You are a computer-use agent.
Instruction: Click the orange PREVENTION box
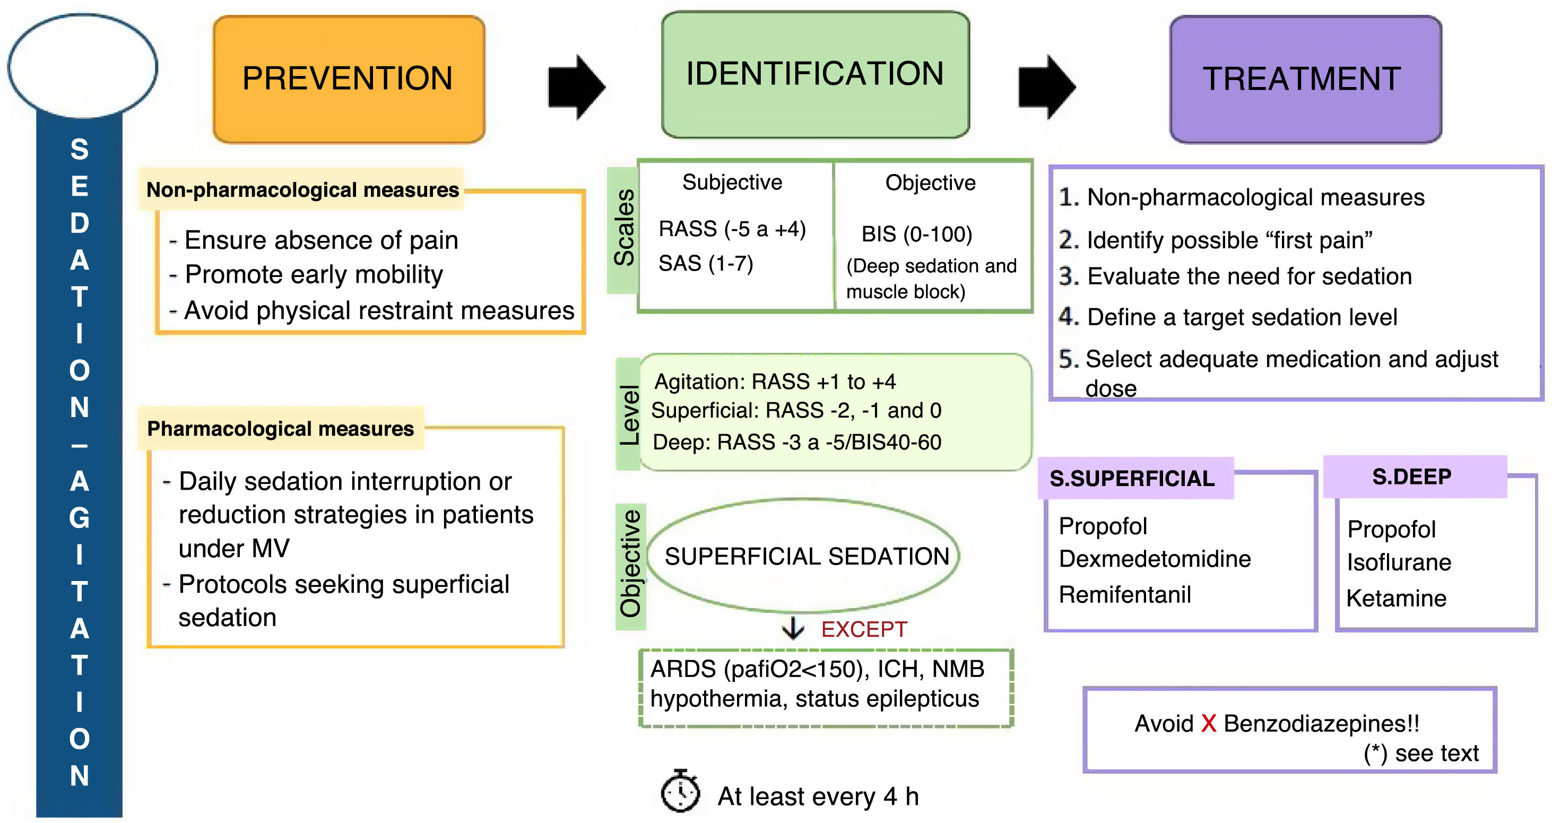pos(348,79)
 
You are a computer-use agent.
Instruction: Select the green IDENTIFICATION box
pos(814,75)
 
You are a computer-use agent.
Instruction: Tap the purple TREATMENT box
pos(1304,79)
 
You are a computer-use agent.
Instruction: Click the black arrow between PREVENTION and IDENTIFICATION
pos(575,87)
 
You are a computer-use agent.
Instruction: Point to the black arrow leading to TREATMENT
pos(1046,87)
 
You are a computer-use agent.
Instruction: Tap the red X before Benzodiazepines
pos(1208,723)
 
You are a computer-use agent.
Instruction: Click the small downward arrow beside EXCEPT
pos(793,628)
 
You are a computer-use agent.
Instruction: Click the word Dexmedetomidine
pos(1155,559)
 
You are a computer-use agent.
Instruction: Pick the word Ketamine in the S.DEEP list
pos(1396,597)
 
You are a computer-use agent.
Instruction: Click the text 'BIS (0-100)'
pos(916,234)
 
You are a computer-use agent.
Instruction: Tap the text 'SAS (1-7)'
pos(706,263)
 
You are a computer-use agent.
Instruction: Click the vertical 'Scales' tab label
pos(624,228)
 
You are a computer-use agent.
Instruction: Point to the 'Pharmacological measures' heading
pos(280,428)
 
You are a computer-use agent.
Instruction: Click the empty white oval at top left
pos(83,66)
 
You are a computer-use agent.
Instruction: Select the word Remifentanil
pos(1124,594)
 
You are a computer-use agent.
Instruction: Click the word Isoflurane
pos(1398,561)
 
